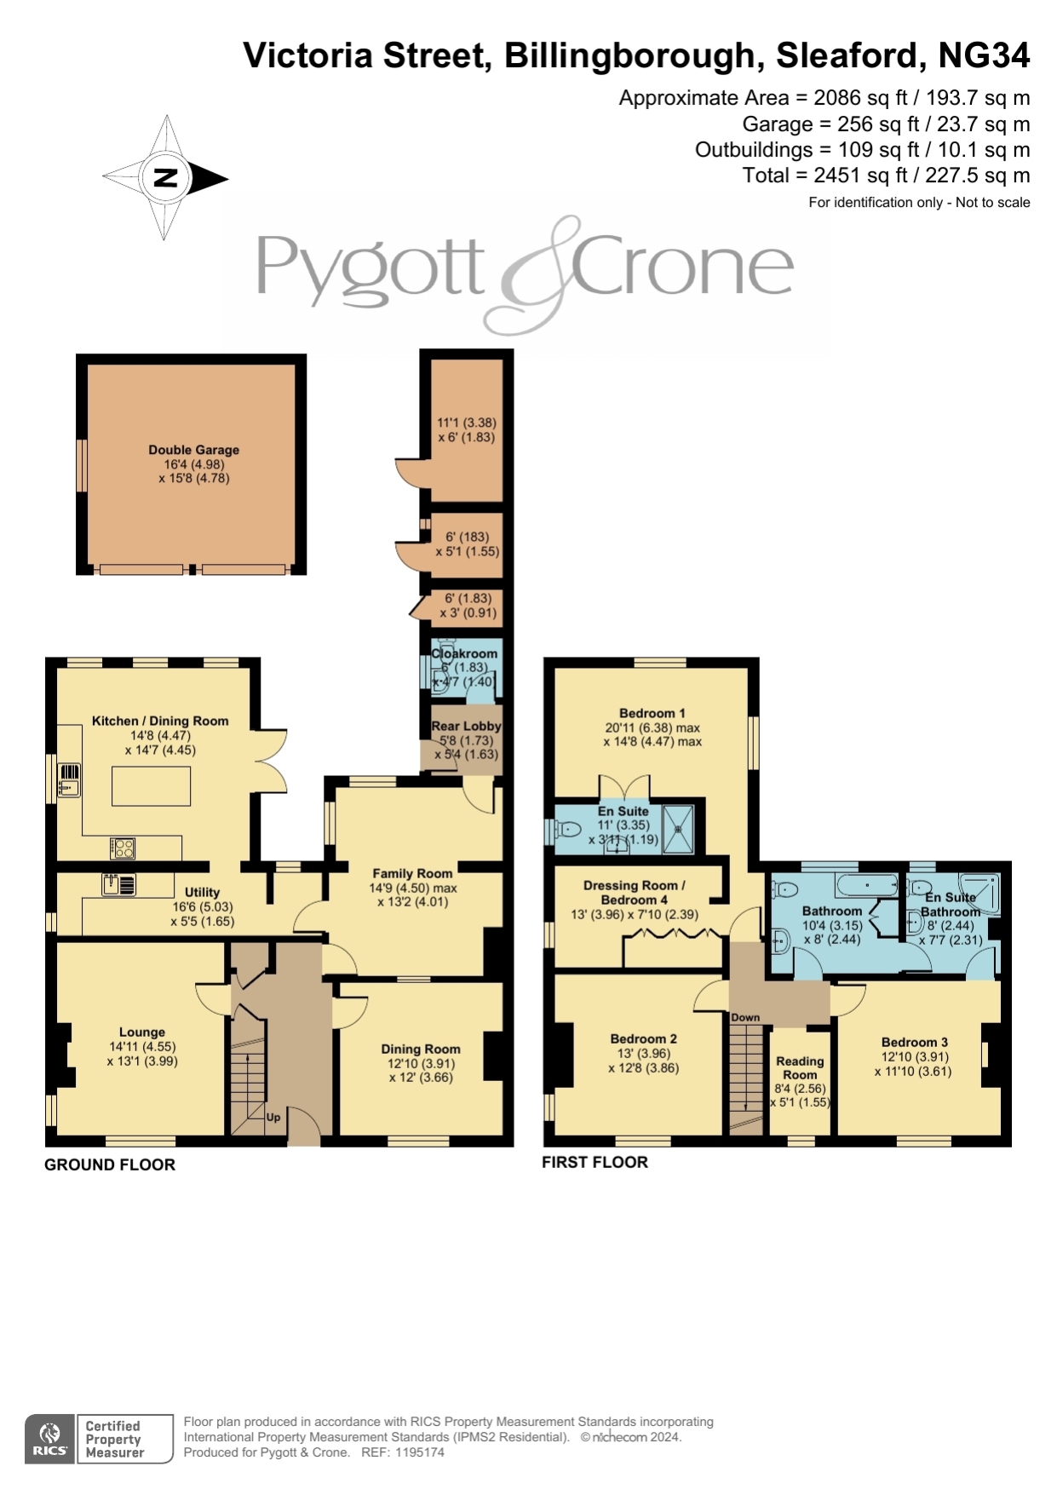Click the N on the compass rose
click(x=165, y=177)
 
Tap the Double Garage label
click(x=194, y=450)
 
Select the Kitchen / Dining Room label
click(x=160, y=721)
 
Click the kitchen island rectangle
click(x=152, y=785)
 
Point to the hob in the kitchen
click(x=123, y=848)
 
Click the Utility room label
click(x=203, y=892)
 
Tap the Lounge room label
click(x=142, y=1032)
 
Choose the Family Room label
click(x=412, y=873)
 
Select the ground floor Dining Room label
click(x=421, y=1049)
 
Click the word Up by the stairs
click(x=273, y=1117)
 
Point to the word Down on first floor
click(x=745, y=1017)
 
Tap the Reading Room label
click(x=800, y=1067)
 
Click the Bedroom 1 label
click(x=652, y=713)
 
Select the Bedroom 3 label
click(x=915, y=1042)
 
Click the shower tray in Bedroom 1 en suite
click(x=679, y=827)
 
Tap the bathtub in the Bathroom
click(x=867, y=885)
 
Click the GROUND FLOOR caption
click(x=110, y=1164)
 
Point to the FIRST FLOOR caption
click(x=595, y=1162)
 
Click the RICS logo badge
click(x=50, y=1439)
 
